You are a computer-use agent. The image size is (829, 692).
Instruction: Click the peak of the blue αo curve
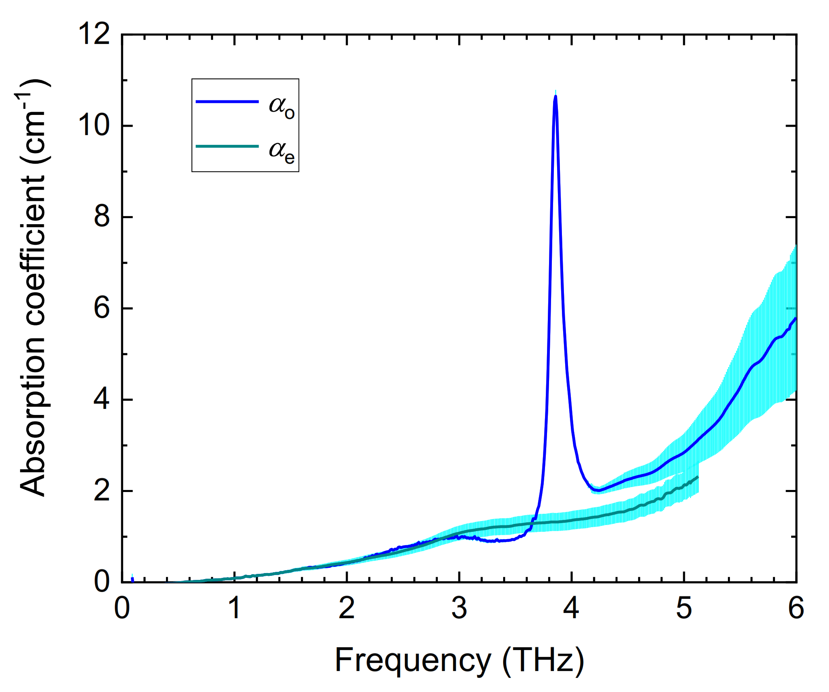coord(555,96)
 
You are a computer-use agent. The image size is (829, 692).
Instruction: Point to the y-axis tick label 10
coord(94,125)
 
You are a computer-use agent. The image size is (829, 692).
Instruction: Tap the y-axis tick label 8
coord(102,217)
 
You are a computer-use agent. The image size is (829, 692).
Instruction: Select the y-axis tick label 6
coord(102,308)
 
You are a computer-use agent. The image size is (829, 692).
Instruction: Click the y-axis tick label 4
coord(102,400)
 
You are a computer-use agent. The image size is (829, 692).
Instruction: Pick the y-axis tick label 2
coord(102,491)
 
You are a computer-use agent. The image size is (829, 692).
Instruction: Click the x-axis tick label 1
coord(234,608)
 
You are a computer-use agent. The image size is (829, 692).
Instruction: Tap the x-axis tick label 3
coord(459,608)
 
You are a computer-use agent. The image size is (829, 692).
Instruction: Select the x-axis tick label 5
coord(684,608)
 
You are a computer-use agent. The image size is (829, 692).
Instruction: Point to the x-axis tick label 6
coord(796,608)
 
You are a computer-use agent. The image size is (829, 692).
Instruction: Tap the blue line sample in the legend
coord(227,102)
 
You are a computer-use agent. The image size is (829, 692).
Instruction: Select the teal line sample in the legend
coord(227,146)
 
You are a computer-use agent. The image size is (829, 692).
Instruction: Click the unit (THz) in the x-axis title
coord(543,661)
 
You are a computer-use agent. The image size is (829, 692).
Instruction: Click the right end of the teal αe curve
coord(698,477)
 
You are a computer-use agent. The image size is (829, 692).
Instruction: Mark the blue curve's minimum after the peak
coord(599,490)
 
